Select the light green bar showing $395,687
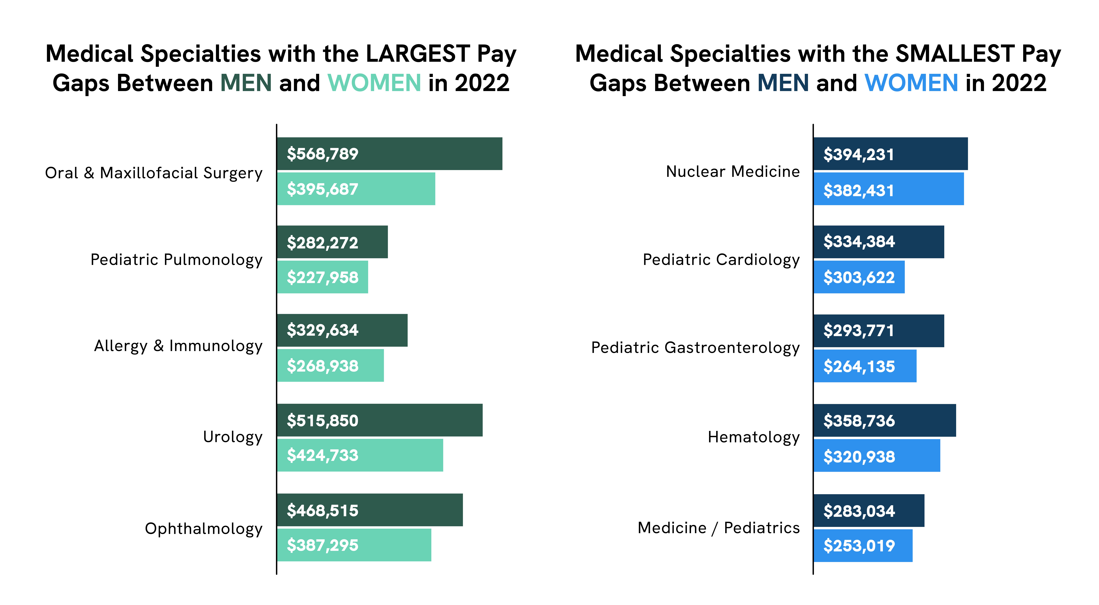click(x=356, y=189)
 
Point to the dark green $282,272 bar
click(x=332, y=242)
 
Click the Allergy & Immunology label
click(x=178, y=346)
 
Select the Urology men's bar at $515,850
click(x=380, y=420)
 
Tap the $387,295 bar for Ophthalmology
click(x=354, y=545)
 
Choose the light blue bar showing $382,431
click(x=889, y=189)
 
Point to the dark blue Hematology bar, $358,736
click(x=885, y=420)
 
